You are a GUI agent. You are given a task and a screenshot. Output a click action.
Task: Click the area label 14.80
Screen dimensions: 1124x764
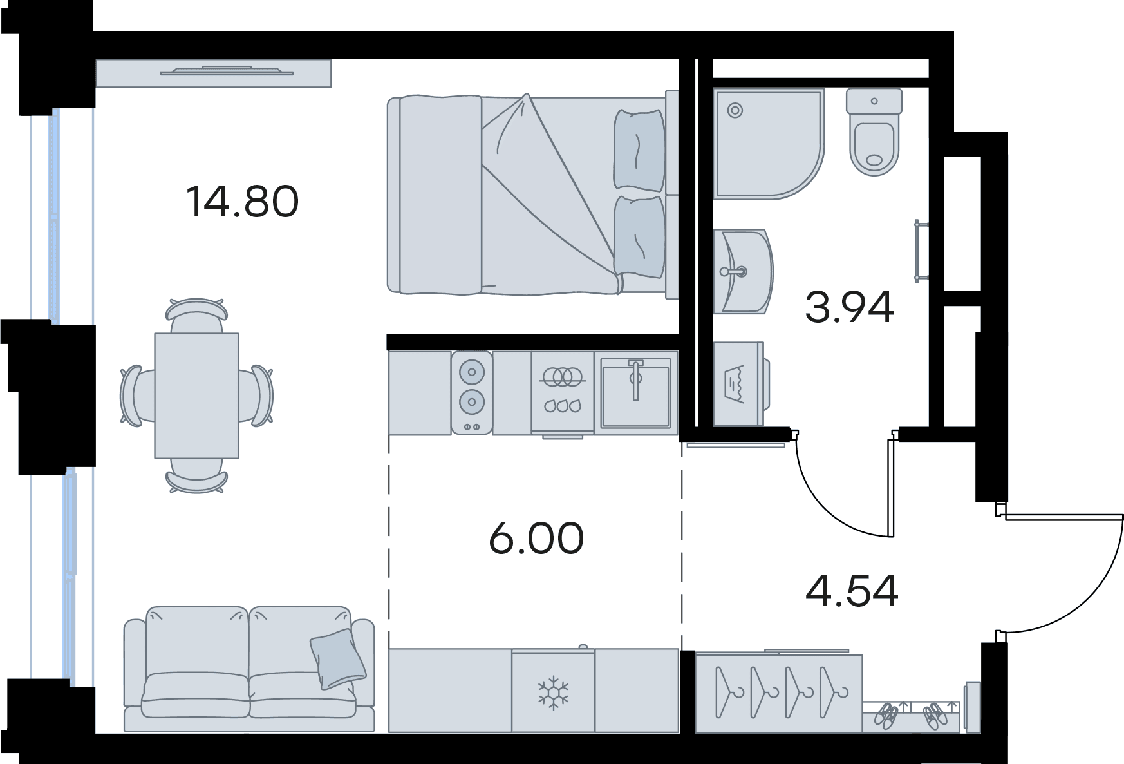coord(242,201)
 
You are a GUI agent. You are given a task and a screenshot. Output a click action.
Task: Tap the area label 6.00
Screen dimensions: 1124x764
coord(536,539)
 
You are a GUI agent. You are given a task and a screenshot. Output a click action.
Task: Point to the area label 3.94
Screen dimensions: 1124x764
coord(849,307)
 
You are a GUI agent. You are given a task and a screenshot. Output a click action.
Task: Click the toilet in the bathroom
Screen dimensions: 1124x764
coord(874,131)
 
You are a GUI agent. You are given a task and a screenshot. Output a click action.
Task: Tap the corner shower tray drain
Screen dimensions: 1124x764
coord(735,110)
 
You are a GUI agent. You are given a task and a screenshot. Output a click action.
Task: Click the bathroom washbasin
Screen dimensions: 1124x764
coord(743,271)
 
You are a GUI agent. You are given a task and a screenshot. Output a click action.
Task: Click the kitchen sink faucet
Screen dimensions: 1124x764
coord(635,379)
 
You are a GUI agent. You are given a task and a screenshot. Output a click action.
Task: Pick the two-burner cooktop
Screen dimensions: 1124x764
coord(472,392)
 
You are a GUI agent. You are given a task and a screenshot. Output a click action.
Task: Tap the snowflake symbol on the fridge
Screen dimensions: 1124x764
coord(553,692)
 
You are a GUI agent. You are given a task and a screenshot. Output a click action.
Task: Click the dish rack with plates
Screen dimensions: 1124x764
coord(563,390)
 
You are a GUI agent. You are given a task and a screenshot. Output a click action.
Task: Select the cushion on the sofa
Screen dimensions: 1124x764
coord(338,659)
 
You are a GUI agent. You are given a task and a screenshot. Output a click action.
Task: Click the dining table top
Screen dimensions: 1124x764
coord(196,396)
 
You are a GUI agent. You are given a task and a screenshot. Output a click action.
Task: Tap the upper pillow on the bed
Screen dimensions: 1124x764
coord(639,149)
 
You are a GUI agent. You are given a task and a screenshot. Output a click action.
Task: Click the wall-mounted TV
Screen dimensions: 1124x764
coord(227,71)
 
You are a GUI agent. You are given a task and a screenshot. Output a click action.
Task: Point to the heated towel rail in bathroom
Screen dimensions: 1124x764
coord(921,251)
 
